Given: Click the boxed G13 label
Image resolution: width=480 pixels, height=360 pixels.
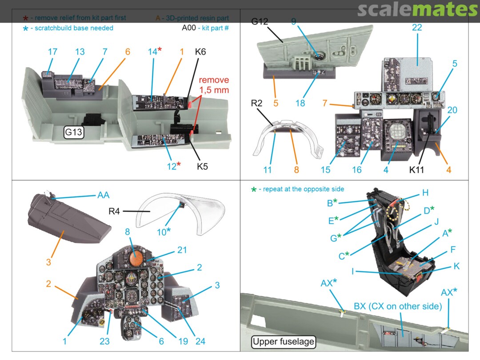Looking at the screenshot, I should pyautogui.click(x=74, y=132).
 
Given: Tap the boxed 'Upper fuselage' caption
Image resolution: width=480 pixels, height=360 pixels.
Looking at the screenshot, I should pyautogui.click(x=283, y=342).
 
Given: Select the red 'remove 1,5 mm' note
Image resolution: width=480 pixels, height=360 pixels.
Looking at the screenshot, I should pyautogui.click(x=214, y=84).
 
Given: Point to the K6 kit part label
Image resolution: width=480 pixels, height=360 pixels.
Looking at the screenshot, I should pyautogui.click(x=200, y=52).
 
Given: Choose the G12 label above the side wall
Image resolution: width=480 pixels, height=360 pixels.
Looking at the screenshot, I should pyautogui.click(x=260, y=21).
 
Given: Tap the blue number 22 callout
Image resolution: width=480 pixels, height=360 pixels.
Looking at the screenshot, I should pyautogui.click(x=416, y=28).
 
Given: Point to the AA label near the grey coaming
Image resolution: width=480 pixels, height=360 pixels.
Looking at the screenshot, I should pyautogui.click(x=103, y=195).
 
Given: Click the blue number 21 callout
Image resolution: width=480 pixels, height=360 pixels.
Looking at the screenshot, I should pyautogui.click(x=182, y=250).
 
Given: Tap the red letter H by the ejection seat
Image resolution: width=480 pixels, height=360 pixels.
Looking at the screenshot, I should pyautogui.click(x=425, y=192).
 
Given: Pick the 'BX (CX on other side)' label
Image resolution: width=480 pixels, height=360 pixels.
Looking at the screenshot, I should pyautogui.click(x=398, y=306).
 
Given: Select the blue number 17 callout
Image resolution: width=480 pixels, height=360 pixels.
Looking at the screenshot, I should pyautogui.click(x=52, y=52).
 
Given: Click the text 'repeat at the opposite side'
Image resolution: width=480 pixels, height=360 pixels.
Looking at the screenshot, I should pyautogui.click(x=303, y=189).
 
